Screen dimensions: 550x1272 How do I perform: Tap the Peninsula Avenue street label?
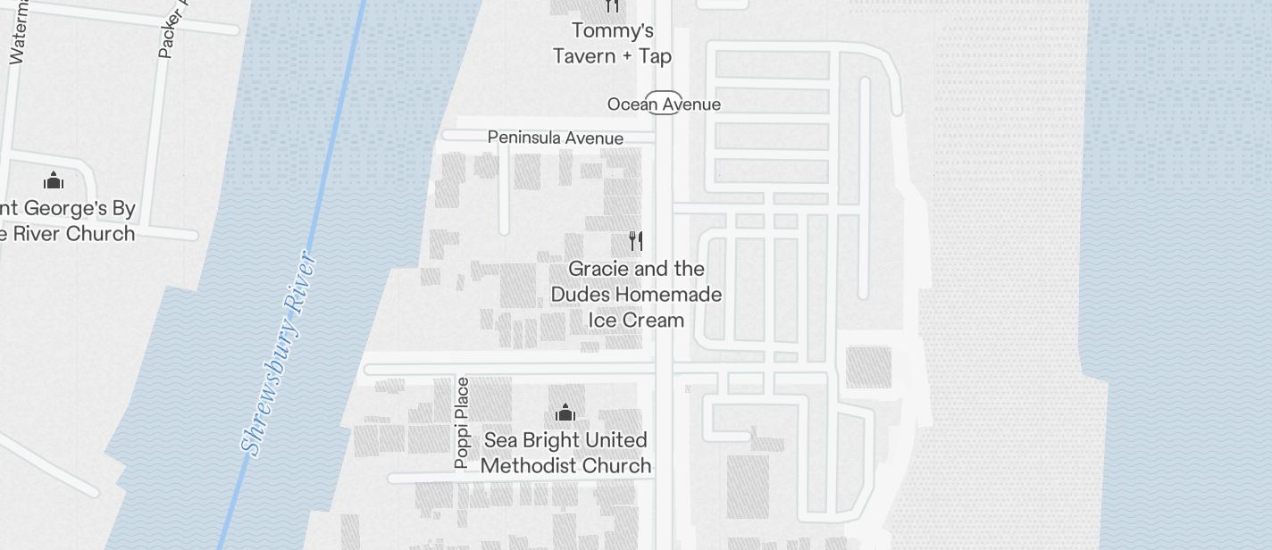(x=555, y=137)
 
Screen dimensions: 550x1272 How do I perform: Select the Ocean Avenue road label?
(x=664, y=104)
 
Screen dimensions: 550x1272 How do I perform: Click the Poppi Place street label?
(x=462, y=422)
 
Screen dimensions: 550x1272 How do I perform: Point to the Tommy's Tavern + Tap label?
(x=612, y=44)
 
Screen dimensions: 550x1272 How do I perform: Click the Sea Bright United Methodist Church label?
(x=565, y=453)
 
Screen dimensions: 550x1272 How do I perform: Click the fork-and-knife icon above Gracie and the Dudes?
(x=636, y=240)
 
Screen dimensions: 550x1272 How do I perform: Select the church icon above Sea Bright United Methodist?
(x=565, y=412)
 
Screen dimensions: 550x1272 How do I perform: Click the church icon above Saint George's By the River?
(x=54, y=180)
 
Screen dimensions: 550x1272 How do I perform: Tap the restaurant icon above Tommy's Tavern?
(x=612, y=6)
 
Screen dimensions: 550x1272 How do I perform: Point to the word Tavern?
(x=584, y=56)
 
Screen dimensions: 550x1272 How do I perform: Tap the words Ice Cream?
(x=636, y=320)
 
